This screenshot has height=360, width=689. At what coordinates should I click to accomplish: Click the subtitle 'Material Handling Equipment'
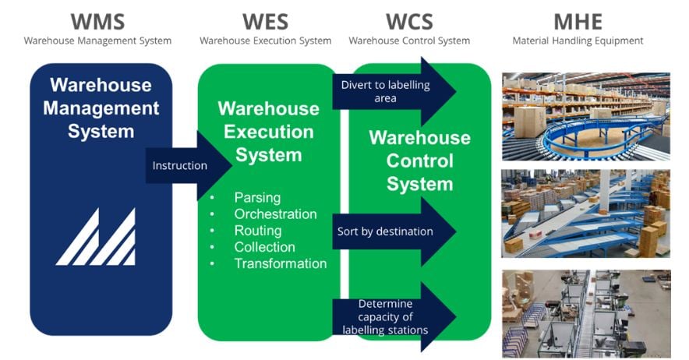point(578,41)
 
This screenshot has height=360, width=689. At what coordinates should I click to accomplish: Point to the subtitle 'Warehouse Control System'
point(409,41)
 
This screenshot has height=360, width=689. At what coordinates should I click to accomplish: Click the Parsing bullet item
point(257,198)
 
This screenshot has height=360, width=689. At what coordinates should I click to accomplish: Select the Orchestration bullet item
point(275,214)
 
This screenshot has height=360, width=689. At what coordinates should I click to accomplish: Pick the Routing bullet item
point(258,231)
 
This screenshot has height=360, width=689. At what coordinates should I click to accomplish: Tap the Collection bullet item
point(264,247)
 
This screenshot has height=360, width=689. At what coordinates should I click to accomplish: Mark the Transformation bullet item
point(280,263)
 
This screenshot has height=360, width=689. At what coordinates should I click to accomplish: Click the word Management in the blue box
point(101,108)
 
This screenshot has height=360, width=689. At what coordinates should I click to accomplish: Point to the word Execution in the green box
point(268,132)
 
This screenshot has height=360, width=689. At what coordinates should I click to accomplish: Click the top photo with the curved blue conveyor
point(585,117)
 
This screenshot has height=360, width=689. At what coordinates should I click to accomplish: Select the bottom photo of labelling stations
point(585,312)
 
